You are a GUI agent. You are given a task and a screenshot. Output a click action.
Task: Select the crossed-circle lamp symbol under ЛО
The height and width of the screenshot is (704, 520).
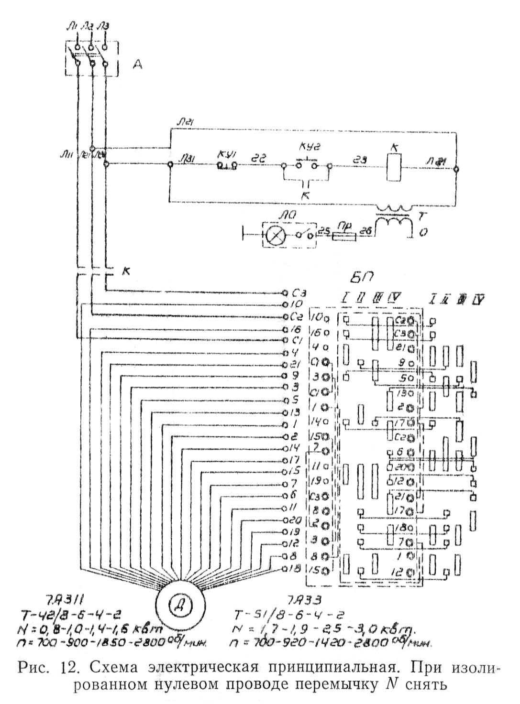(276, 236)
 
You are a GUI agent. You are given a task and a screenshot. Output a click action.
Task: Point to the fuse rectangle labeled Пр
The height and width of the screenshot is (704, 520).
(343, 236)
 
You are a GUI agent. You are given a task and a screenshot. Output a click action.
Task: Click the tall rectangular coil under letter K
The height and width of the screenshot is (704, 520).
(394, 169)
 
